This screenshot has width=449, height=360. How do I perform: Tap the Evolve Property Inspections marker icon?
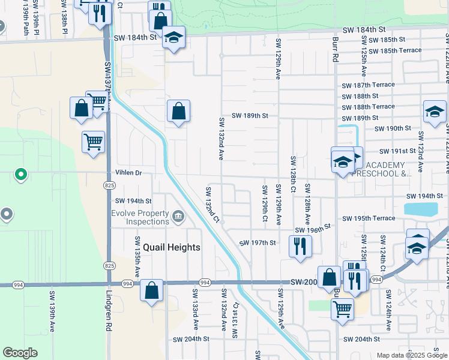178,216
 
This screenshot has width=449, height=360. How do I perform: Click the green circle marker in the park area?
21,175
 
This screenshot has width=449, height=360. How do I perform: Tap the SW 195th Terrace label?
368,218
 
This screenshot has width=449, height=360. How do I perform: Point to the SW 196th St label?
312,229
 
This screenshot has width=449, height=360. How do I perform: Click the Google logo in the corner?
20,353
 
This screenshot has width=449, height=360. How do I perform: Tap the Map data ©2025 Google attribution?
411,355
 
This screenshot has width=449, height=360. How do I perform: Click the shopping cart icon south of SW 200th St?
342,309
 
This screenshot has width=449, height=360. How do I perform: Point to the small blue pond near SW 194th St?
421,209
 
